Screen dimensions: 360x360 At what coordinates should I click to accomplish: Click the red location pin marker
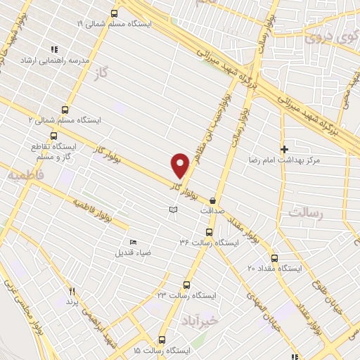pos(181,165)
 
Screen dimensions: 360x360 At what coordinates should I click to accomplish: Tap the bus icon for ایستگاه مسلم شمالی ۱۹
pos(114,13)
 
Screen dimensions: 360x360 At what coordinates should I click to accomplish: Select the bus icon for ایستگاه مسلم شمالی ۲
pos(65,110)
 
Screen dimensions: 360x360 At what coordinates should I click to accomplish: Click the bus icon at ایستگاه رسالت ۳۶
pos(208,232)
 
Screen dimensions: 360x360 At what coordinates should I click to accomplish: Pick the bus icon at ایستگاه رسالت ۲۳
pos(186,285)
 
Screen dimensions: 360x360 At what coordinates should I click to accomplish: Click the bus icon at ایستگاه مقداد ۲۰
pos(274,258)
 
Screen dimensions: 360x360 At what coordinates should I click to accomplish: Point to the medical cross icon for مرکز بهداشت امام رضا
pos(284,149)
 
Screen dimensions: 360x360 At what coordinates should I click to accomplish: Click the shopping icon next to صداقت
pos(212,200)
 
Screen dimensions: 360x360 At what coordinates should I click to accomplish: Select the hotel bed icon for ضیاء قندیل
pos(134,243)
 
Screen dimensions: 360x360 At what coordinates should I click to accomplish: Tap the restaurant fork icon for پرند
pos(72,290)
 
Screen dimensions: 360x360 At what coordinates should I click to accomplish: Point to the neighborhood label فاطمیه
pos(26,174)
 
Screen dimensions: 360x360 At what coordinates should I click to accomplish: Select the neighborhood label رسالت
pos(304,212)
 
